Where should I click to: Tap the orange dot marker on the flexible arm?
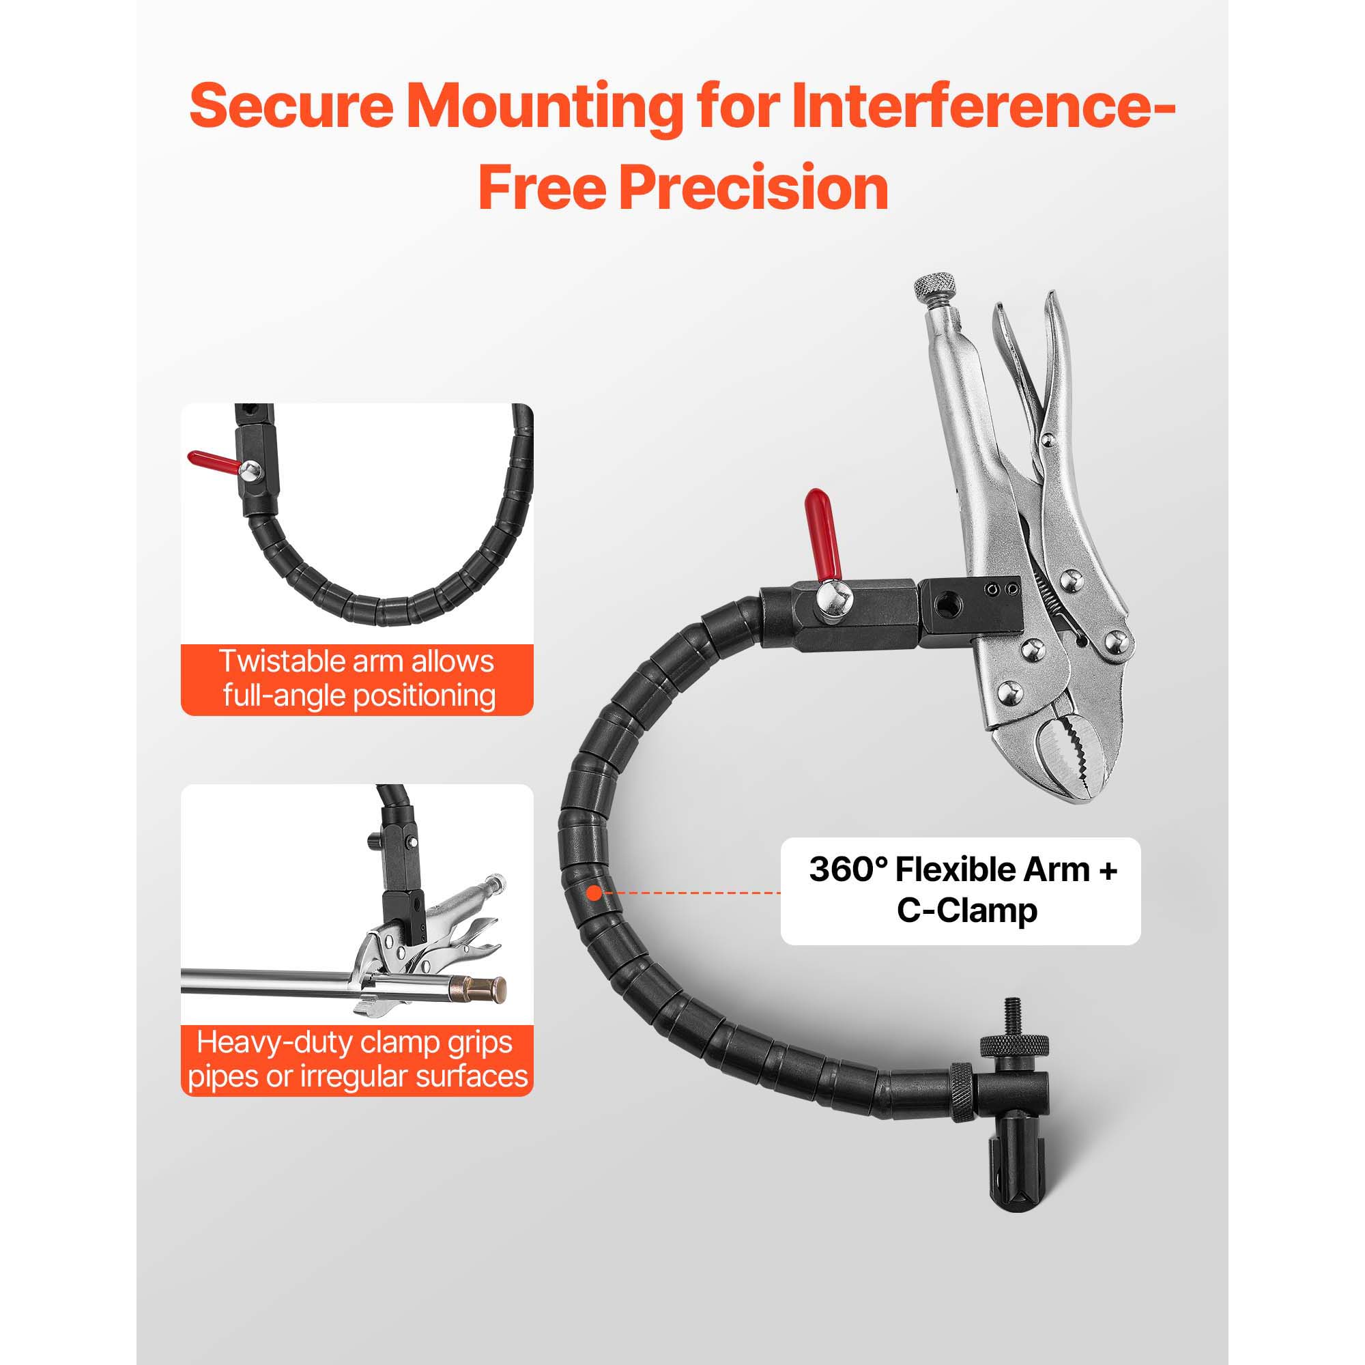click(594, 893)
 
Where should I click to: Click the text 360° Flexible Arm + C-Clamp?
click(963, 890)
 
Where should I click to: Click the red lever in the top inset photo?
click(215, 461)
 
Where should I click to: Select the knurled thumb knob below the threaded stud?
click(1013, 1045)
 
